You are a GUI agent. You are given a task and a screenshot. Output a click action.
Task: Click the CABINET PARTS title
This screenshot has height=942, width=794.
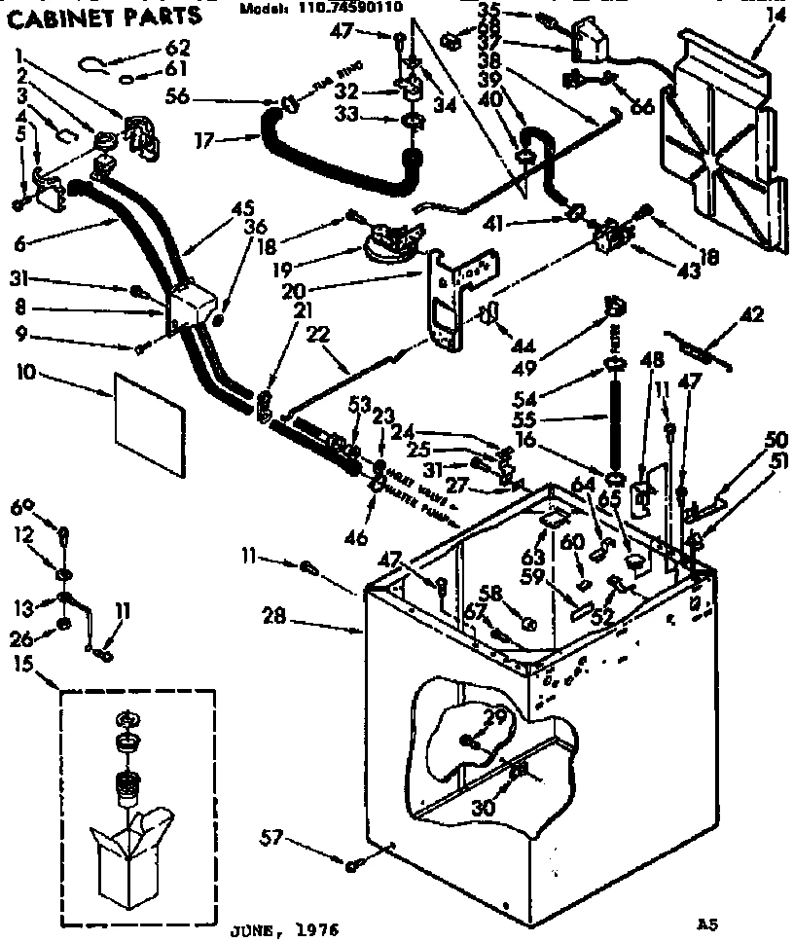tap(104, 16)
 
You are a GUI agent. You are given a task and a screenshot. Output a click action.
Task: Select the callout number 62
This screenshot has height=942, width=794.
tap(179, 47)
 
